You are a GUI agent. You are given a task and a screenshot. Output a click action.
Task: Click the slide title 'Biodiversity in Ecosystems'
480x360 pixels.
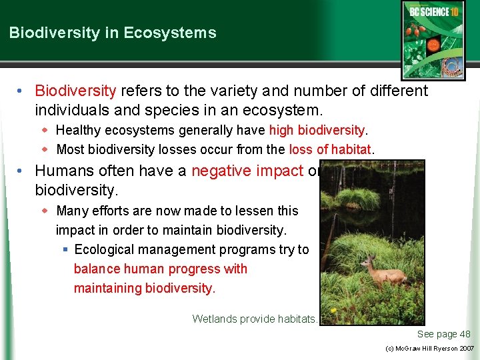pos(113,33)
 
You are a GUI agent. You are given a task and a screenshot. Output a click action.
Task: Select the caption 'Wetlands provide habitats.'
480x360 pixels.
pos(255,319)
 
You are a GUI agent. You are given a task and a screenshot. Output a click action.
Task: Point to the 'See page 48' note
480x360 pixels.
pos(443,334)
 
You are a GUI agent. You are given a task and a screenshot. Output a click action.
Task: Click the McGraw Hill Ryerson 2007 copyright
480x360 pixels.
pos(430,349)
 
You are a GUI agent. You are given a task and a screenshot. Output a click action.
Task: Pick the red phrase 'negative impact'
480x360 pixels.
pos(247,171)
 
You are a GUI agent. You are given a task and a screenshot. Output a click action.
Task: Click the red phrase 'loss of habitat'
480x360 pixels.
pos(330,149)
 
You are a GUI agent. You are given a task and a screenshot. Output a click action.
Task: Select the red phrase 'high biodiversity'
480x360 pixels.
pos(317,130)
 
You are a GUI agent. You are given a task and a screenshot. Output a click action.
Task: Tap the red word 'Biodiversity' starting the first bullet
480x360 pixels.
pos(75,90)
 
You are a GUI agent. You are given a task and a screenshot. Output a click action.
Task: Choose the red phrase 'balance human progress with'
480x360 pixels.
pos(160,269)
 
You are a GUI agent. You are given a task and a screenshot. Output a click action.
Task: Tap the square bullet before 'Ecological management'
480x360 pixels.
pos(65,249)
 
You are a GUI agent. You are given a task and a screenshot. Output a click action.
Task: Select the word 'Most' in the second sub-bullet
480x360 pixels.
pos(69,149)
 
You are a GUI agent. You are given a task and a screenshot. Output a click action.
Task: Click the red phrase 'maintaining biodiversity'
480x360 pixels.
pos(144,288)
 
